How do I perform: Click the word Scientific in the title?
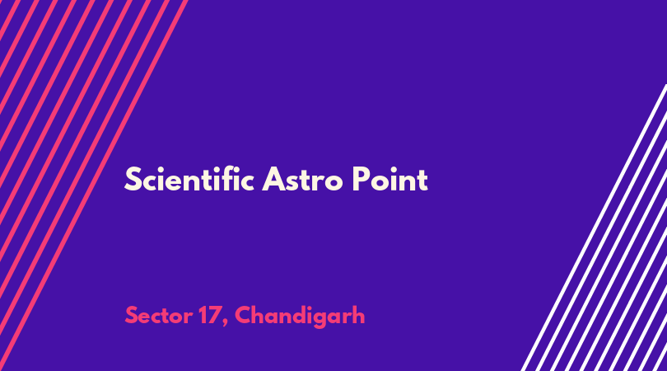click(189, 179)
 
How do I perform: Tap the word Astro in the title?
click(302, 180)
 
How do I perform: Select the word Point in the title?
click(389, 180)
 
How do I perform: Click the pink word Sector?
click(158, 316)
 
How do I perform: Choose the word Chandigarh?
click(300, 316)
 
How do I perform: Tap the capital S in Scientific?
click(133, 180)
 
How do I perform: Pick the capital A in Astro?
click(273, 180)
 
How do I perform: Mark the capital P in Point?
click(361, 180)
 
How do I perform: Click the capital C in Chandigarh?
click(244, 316)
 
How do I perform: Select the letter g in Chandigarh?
click(321, 319)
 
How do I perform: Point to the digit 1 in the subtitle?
click(203, 316)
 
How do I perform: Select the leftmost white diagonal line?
click(595, 228)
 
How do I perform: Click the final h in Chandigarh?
click(358, 315)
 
